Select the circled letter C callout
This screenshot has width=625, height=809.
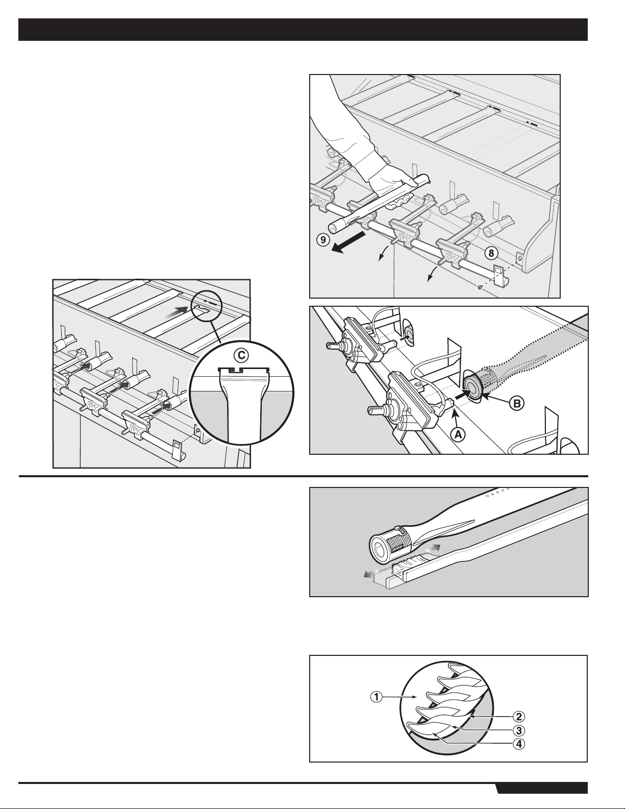[x=238, y=353]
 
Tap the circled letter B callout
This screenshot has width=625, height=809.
[x=516, y=402]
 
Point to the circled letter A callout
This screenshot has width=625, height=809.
[x=458, y=434]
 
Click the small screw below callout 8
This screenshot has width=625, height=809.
[x=481, y=287]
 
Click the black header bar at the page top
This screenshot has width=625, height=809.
[x=303, y=30]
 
